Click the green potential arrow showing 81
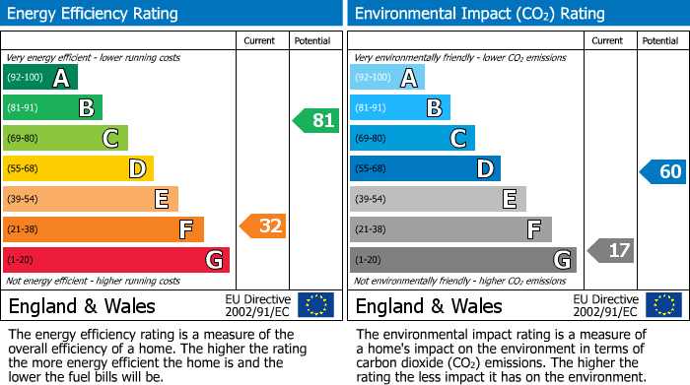316,121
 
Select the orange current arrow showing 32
263,225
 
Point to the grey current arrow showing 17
611,250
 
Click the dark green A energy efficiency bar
40,78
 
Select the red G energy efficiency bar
116,260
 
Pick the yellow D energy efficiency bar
78,169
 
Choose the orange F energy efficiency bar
103,230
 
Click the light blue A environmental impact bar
387,78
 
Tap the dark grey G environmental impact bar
463,260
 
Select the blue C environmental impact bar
412,139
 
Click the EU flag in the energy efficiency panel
315,305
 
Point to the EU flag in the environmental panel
662,305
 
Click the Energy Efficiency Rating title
94,14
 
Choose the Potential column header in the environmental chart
659,40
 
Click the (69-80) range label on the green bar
25,139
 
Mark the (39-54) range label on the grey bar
372,200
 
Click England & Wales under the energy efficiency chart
82,305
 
